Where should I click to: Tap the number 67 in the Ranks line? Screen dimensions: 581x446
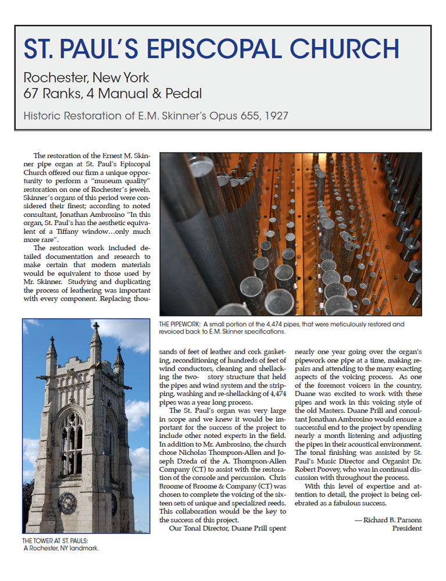coord(32,92)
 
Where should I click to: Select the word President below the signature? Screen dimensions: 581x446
coord(406,528)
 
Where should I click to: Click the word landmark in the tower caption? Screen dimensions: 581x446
coord(83,548)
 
